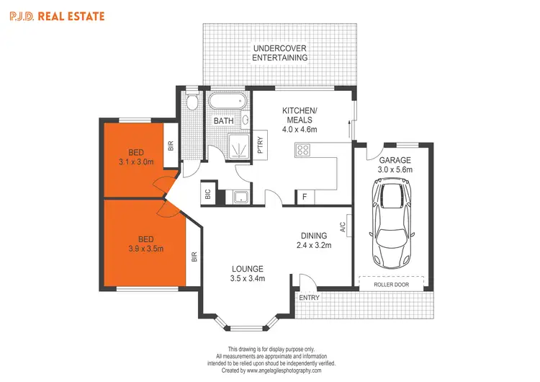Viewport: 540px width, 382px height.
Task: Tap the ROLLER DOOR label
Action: click(x=392, y=284)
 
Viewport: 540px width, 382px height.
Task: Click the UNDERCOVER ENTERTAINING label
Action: click(x=280, y=53)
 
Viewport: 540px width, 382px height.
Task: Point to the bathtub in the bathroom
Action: click(x=228, y=101)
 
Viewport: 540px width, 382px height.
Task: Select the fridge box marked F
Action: click(x=305, y=196)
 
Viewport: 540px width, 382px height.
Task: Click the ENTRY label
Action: click(x=310, y=298)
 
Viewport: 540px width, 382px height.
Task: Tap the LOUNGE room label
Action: click(x=247, y=268)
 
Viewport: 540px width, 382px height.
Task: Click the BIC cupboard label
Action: click(x=207, y=193)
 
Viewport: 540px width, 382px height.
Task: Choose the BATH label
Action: click(x=223, y=121)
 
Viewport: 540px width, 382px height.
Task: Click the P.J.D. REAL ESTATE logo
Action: click(x=57, y=15)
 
